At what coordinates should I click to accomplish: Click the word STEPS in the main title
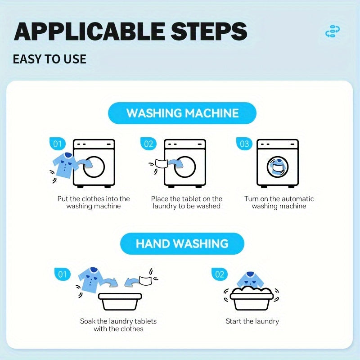(209, 31)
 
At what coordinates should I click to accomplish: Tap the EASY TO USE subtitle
(49, 59)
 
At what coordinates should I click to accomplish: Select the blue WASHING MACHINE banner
(182, 113)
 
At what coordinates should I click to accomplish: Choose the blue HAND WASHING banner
(182, 243)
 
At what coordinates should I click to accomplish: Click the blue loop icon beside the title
(333, 31)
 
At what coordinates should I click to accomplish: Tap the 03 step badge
(244, 144)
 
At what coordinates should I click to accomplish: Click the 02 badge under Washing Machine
(148, 144)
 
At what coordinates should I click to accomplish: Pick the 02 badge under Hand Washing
(219, 274)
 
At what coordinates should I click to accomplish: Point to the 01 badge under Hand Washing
(62, 274)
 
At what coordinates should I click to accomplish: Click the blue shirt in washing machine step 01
(65, 165)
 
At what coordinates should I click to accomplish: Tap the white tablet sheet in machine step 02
(160, 163)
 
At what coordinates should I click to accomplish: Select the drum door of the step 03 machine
(278, 167)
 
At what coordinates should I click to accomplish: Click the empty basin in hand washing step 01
(120, 301)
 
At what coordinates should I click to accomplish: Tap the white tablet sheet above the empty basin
(145, 280)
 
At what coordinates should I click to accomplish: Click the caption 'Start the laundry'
(252, 321)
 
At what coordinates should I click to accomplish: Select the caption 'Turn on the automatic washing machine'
(279, 202)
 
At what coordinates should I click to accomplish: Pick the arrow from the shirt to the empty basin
(111, 283)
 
